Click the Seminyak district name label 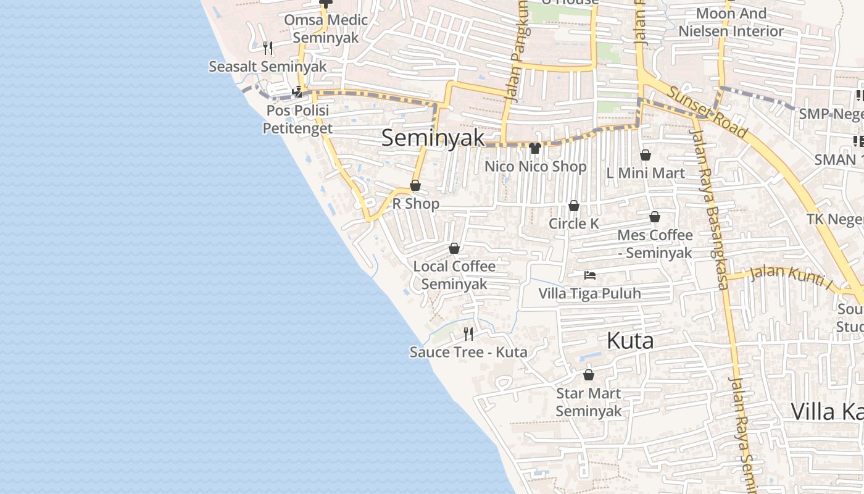(x=433, y=137)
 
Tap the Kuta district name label (x=630, y=340)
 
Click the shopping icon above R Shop (x=415, y=186)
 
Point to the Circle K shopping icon (x=574, y=206)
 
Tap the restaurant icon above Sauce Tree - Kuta (x=468, y=334)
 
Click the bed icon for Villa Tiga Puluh (x=590, y=275)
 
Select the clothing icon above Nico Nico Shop (x=535, y=148)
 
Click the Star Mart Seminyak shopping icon (x=589, y=375)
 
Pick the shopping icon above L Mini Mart (x=646, y=155)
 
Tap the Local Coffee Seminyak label (x=454, y=275)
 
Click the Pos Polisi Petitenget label (x=297, y=119)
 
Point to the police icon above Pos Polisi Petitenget (x=298, y=92)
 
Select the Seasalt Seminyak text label (x=267, y=66)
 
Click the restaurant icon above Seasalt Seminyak (x=267, y=48)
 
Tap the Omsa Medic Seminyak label (x=326, y=28)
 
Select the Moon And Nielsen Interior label (x=731, y=22)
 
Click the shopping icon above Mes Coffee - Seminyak (x=655, y=217)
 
